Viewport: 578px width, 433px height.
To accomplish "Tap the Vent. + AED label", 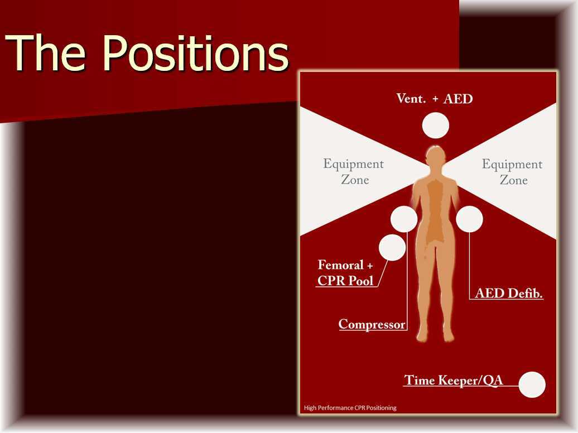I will [x=435, y=99].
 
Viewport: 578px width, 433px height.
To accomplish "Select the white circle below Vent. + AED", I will [x=435, y=126].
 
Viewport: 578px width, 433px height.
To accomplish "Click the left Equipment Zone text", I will [x=354, y=172].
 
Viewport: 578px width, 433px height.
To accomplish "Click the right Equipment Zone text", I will [x=512, y=172].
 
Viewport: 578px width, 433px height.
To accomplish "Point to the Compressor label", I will [x=372, y=324].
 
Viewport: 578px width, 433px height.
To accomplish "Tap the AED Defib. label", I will [x=509, y=294].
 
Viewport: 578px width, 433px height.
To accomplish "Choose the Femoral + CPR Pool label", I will [x=345, y=273].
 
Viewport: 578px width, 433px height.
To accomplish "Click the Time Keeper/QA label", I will [x=454, y=381].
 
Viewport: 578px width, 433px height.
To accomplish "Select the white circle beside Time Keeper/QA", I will [x=532, y=384].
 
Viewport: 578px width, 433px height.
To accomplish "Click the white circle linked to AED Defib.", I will [x=469, y=219].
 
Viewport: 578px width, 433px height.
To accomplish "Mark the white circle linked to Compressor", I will [x=404, y=219].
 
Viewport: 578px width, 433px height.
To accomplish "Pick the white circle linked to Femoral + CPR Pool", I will [x=392, y=247].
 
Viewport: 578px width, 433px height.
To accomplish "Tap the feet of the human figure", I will [x=435, y=336].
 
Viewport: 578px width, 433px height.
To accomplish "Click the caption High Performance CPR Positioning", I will [x=350, y=408].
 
